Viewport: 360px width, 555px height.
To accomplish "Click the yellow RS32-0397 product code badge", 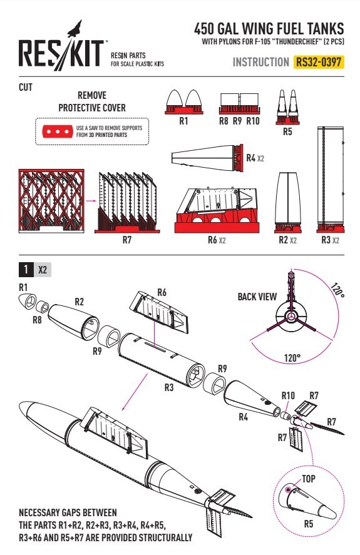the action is click(319, 62).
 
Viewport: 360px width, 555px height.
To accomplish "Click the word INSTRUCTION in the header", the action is click(261, 63).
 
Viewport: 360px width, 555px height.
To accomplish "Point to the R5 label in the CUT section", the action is click(287, 131).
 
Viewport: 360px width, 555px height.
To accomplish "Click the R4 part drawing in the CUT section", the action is click(208, 158).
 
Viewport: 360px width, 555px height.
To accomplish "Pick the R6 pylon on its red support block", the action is click(217, 210).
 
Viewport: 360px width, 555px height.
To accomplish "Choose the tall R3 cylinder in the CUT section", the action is click(330, 180).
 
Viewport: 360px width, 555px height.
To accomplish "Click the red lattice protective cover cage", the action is click(51, 201).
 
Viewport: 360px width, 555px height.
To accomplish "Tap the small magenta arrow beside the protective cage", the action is click(91, 201).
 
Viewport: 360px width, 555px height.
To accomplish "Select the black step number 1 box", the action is click(26, 270).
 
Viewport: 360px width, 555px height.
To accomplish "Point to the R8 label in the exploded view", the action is click(37, 320).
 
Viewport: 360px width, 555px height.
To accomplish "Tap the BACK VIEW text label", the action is click(257, 297).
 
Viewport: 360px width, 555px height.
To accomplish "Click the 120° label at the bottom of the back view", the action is click(292, 358).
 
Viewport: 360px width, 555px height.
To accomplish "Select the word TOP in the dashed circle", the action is click(308, 479).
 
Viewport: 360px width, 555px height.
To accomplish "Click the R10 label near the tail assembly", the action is click(288, 395).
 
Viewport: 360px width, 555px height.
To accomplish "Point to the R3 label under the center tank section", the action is click(169, 387).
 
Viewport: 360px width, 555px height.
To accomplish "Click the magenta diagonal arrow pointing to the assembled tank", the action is click(134, 392).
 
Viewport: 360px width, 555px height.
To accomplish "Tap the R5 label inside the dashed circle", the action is click(309, 524).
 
